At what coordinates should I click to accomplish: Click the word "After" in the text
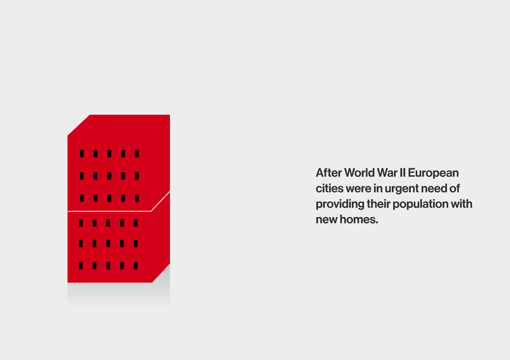pyautogui.click(x=329, y=173)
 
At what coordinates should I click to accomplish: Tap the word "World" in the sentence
pyautogui.click(x=360, y=173)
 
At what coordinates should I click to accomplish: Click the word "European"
pyautogui.click(x=433, y=173)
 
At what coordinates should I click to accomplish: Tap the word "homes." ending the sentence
pyautogui.click(x=359, y=219)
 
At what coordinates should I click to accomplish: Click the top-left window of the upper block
pyautogui.click(x=82, y=153)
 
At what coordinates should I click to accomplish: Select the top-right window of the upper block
pyautogui.click(x=137, y=153)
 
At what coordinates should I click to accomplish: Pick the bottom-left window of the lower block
pyautogui.click(x=81, y=266)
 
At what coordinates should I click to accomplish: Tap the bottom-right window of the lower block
pyautogui.click(x=136, y=266)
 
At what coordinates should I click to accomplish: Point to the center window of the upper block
pyautogui.click(x=109, y=176)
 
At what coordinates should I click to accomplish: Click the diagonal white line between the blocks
pyautogui.click(x=160, y=201)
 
